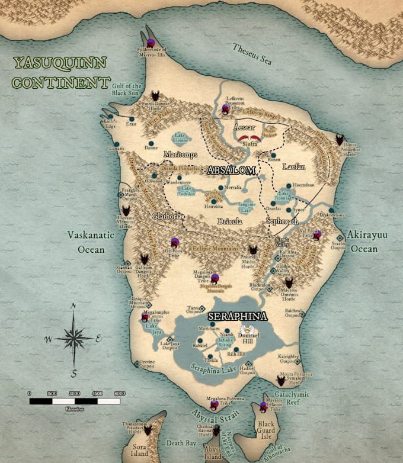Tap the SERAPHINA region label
236,316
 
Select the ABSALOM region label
231,171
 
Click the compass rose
73,339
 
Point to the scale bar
75,401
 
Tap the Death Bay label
181,442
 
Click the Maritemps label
180,155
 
